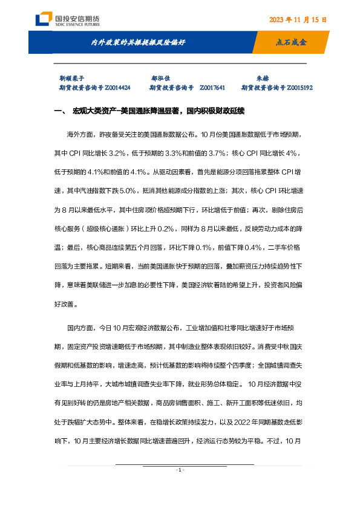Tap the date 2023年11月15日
[298, 19]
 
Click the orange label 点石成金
[292, 43]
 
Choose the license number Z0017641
[212, 88]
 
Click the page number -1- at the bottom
[180, 470]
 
